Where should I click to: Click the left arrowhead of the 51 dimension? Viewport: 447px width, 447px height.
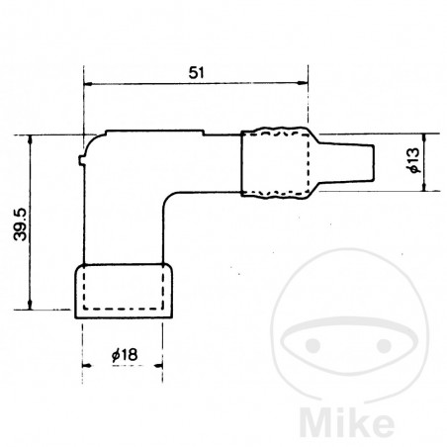click(x=89, y=83)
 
